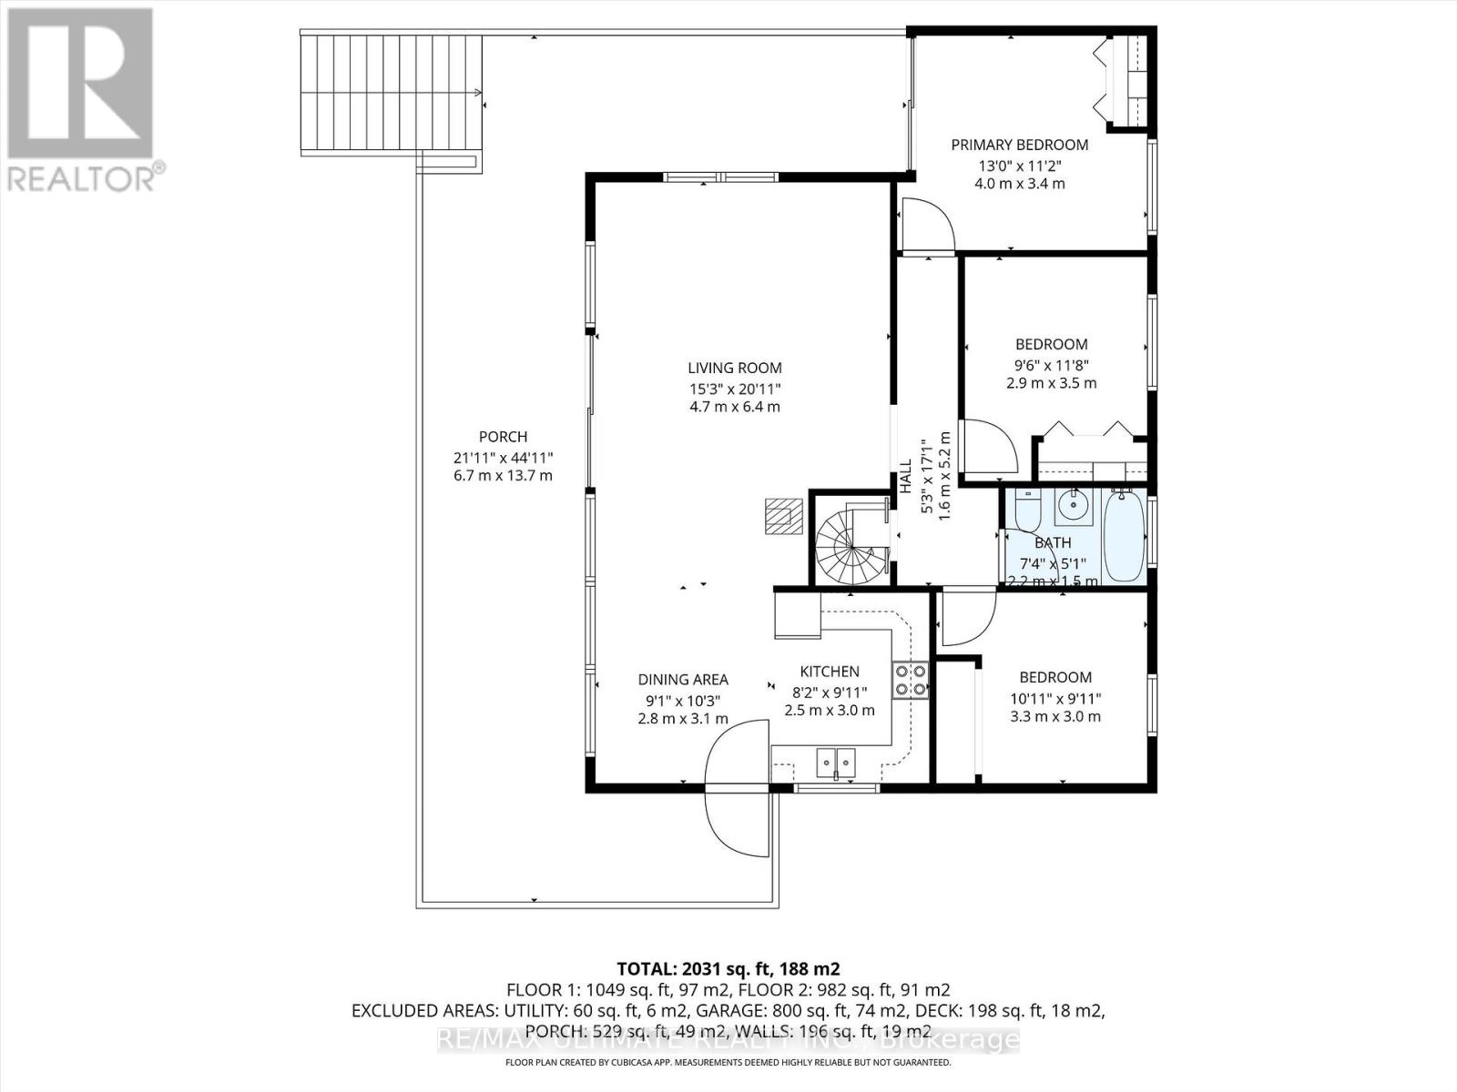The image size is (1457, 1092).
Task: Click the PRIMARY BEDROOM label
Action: pos(1019,145)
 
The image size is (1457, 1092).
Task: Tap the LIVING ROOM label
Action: pos(734,368)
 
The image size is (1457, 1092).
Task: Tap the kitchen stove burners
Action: pos(910,680)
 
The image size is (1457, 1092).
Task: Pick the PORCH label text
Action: pos(503,437)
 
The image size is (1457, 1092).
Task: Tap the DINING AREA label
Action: pos(682,680)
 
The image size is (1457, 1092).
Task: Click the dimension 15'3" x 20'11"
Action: pos(734,388)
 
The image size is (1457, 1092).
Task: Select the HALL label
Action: pos(906,477)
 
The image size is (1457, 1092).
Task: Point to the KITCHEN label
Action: pos(830,672)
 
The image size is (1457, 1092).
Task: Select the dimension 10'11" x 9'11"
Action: pos(1055,698)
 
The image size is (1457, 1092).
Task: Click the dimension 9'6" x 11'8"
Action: pos(1051,364)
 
